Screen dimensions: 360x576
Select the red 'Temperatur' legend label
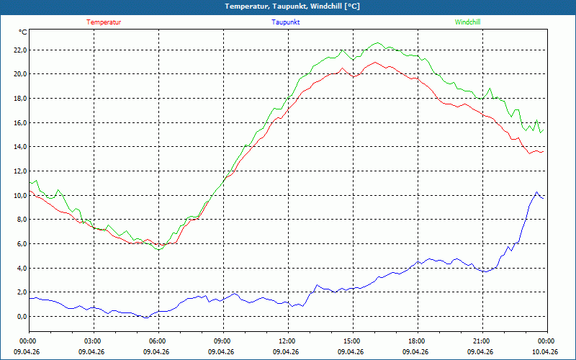[104, 22]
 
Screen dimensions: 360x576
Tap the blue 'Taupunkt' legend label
[286, 22]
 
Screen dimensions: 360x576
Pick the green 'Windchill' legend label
[467, 22]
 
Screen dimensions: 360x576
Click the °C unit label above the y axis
[23, 32]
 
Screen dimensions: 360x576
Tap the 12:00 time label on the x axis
[287, 341]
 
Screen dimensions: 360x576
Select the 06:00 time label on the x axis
[158, 341]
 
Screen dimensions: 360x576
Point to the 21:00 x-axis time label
[482, 341]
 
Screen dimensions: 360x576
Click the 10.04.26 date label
[544, 351]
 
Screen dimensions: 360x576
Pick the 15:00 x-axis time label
[352, 341]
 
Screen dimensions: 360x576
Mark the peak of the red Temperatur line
[375, 62]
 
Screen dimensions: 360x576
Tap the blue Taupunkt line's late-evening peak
[536, 192]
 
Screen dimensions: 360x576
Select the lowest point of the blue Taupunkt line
[145, 318]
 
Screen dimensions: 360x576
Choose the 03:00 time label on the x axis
[93, 341]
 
